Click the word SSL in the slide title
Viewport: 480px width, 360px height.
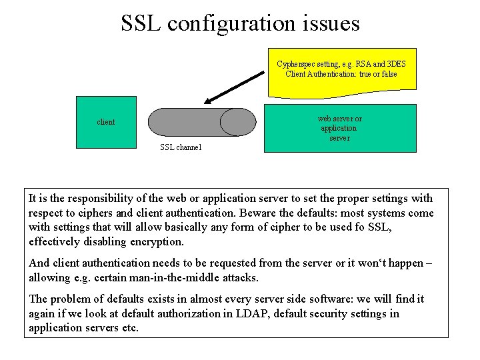141,23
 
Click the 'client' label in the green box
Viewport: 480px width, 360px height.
106,122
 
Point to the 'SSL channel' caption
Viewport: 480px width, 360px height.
181,147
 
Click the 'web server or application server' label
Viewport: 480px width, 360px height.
339,128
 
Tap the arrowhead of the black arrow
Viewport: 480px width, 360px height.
209,102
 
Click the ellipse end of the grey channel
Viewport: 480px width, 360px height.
238,122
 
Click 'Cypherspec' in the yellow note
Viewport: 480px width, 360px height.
297,64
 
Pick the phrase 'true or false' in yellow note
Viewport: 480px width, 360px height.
378,74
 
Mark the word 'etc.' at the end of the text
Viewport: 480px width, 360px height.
129,328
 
